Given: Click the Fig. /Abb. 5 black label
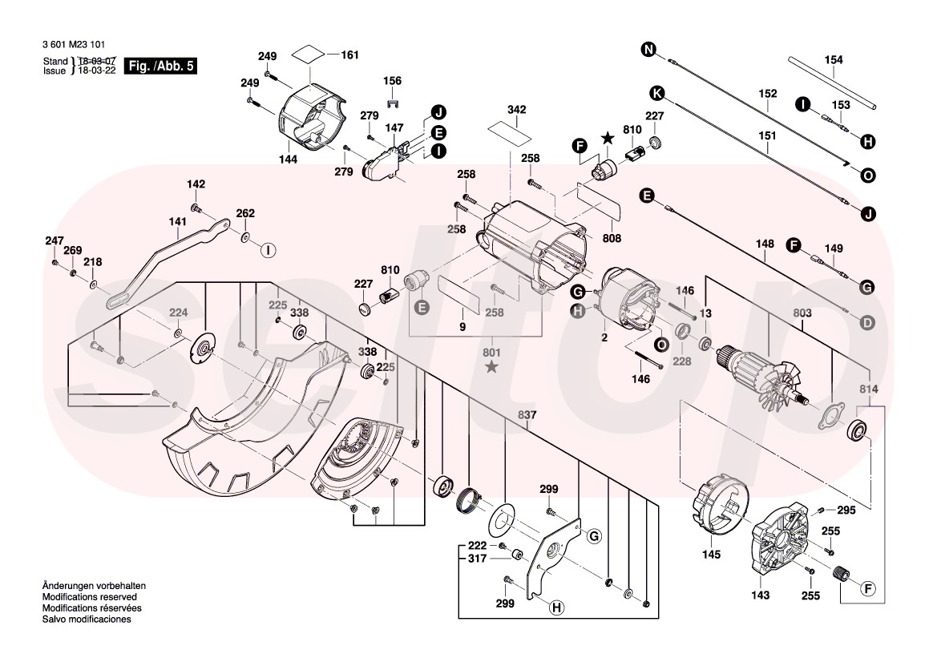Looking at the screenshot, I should [162, 66].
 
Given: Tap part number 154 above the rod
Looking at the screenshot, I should [834, 60].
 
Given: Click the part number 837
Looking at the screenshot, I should [527, 415].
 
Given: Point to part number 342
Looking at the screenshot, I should [516, 109].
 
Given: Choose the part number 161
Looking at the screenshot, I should [349, 55].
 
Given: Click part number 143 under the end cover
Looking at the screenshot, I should [760, 595].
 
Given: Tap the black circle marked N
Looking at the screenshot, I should [648, 50].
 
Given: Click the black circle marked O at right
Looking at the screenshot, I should [868, 175].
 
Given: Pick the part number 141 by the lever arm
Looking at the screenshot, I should [176, 222].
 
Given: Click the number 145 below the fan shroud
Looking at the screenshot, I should [711, 554].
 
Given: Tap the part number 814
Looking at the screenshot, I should [870, 389].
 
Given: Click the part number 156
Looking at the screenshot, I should [392, 81].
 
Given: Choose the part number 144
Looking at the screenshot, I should [288, 159].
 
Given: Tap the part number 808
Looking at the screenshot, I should [612, 238].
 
